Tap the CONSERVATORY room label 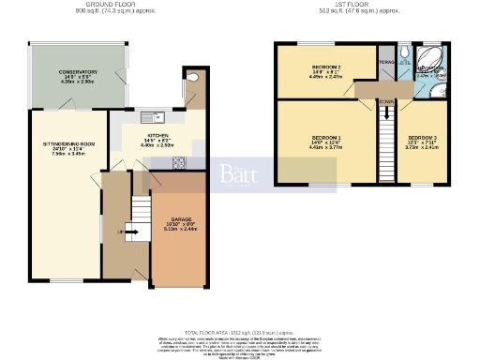[77, 72]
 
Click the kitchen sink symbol [156, 118]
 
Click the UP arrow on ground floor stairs [127, 232]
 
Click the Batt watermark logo [237, 174]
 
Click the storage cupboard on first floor [386, 64]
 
